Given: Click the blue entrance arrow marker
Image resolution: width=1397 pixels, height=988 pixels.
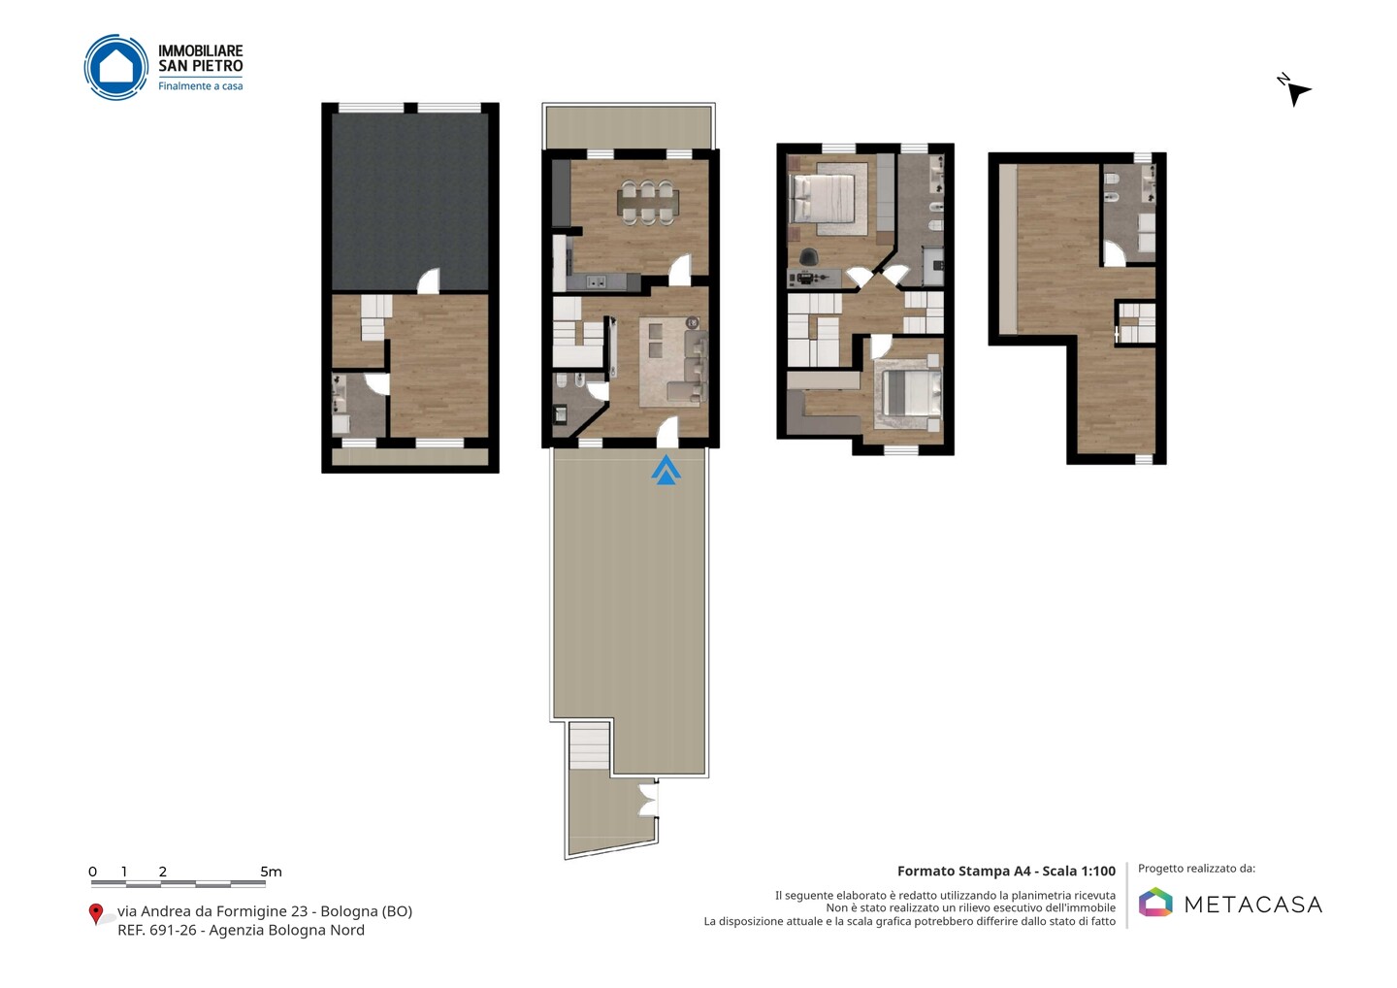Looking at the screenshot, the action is point(666,471).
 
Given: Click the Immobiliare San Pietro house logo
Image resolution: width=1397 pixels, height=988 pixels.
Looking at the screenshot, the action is point(116,67).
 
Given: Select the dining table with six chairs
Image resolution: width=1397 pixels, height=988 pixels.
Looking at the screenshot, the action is point(648,202).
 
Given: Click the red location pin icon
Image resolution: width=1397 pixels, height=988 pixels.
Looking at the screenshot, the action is point(95,914).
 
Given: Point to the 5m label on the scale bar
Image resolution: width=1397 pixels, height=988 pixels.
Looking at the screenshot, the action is point(271,872).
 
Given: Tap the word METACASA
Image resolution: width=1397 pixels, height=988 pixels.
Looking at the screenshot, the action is point(1253,905).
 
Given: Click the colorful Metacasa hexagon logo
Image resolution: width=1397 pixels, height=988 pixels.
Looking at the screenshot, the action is point(1155,902).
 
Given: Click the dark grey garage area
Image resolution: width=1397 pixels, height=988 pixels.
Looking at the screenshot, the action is point(409,202).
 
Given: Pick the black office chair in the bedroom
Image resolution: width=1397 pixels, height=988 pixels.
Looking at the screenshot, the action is point(809,256).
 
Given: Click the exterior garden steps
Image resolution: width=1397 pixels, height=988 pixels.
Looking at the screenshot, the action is point(590,746).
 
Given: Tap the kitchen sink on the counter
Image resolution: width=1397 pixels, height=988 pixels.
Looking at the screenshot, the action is point(597,281).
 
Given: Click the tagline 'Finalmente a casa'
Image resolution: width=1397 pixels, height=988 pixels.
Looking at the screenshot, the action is point(200,86).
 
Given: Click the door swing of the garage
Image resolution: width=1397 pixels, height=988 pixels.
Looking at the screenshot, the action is point(429,280).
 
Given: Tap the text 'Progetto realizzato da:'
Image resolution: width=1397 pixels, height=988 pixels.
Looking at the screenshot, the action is point(1196,869).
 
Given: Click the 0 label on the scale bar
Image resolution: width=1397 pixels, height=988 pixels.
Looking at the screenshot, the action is point(93,872).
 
